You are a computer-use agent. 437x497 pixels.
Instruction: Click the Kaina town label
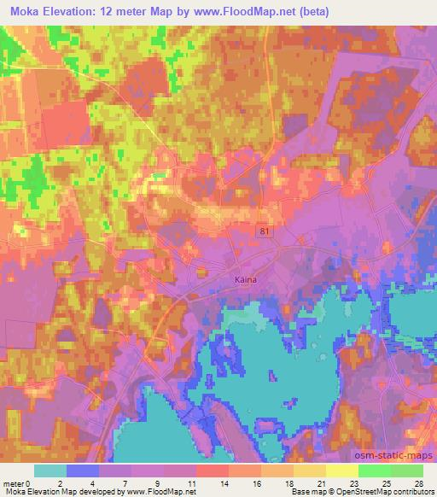coord(247,278)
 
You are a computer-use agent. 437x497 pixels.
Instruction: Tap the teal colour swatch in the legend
coord(50,471)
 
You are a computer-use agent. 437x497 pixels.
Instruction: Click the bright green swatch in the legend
coord(374,471)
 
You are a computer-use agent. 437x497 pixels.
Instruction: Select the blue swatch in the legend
coord(82,471)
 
